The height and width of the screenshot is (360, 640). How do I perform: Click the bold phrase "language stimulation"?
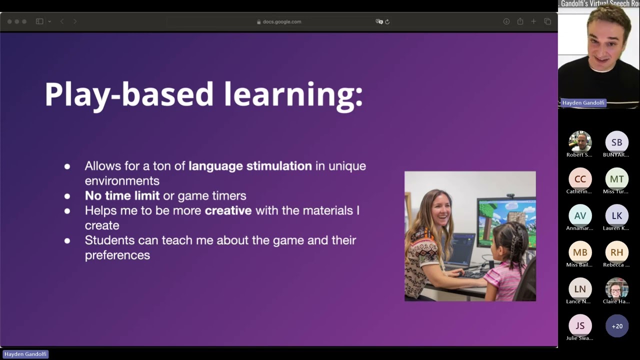(x=250, y=166)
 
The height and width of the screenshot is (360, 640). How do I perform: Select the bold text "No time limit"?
(x=122, y=195)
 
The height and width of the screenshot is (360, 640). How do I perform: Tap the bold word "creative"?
(x=228, y=210)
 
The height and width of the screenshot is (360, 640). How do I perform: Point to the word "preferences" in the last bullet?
(x=117, y=255)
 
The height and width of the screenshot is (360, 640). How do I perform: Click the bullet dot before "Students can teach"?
(x=67, y=240)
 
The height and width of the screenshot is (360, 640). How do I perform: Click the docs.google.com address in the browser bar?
(x=281, y=21)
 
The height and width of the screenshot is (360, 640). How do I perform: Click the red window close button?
(x=9, y=21)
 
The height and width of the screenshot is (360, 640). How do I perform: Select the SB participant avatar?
(x=616, y=142)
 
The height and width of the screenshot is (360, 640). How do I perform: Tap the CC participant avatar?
(x=580, y=179)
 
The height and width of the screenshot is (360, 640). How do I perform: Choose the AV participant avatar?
(x=580, y=215)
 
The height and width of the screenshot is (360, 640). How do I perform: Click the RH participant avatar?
(x=616, y=252)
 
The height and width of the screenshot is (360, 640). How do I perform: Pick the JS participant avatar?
(x=580, y=325)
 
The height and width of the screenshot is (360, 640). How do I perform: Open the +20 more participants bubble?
(x=616, y=326)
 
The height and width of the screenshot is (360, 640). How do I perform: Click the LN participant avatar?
(x=580, y=289)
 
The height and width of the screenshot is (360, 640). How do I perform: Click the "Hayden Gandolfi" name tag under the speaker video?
(x=583, y=102)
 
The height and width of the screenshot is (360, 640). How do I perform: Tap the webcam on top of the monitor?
(x=510, y=195)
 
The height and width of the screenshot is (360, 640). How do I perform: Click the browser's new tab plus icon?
(x=533, y=21)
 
